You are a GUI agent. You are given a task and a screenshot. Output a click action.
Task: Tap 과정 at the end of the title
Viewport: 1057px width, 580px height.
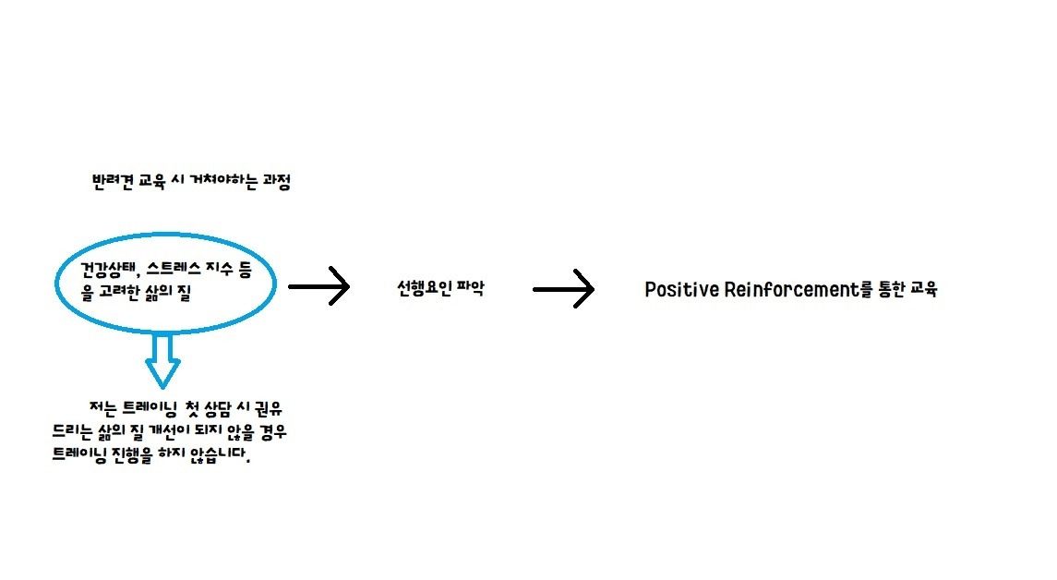(276, 183)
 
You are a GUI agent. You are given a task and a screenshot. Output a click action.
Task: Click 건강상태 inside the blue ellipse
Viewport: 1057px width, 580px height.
(103, 270)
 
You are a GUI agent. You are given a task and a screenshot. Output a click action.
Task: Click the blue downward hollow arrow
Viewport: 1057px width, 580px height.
(163, 360)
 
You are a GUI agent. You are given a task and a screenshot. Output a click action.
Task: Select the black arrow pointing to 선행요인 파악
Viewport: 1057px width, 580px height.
(319, 287)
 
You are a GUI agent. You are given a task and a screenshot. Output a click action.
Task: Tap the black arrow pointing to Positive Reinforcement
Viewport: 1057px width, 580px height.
(563, 289)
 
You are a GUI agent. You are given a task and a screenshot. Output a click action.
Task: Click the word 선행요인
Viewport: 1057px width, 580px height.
(422, 288)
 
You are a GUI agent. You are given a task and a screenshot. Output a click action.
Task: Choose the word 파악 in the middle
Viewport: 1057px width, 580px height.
(471, 288)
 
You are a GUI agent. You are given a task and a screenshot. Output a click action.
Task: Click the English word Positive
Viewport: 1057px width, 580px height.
(681, 289)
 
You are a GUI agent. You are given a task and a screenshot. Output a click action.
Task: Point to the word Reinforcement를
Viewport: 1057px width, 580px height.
(799, 289)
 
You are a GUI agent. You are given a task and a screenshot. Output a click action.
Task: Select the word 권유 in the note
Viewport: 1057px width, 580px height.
(276, 407)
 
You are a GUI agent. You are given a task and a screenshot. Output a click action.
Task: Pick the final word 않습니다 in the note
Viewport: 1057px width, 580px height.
(220, 456)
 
